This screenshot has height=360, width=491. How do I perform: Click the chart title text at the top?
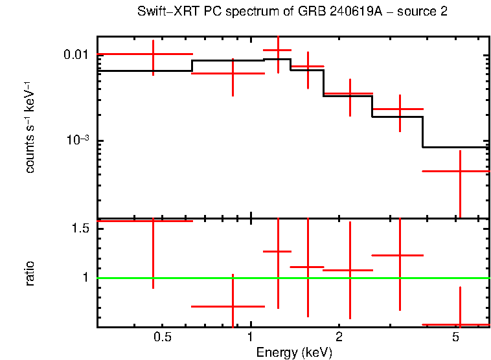pyautogui.click(x=292, y=12)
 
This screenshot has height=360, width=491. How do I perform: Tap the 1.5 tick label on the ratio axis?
pyautogui.click(x=80, y=229)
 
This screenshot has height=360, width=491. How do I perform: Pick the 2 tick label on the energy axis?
pyautogui.click(x=339, y=337)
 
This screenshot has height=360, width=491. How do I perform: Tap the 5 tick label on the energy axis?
pyautogui.click(x=456, y=337)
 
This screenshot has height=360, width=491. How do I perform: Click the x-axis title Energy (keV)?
pyautogui.click(x=294, y=353)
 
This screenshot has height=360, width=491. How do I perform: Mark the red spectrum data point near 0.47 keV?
pyautogui.click(x=153, y=54)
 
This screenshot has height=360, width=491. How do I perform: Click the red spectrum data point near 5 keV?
pyautogui.click(x=459, y=172)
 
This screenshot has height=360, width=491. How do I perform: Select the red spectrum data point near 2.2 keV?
pyautogui.click(x=350, y=95)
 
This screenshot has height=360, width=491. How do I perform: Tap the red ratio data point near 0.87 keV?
pyautogui.click(x=233, y=306)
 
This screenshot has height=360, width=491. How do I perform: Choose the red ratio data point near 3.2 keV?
pyautogui.click(x=400, y=256)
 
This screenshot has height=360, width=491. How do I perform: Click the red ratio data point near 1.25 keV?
pyautogui.click(x=278, y=251)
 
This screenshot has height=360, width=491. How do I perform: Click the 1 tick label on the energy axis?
pyautogui.click(x=251, y=337)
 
